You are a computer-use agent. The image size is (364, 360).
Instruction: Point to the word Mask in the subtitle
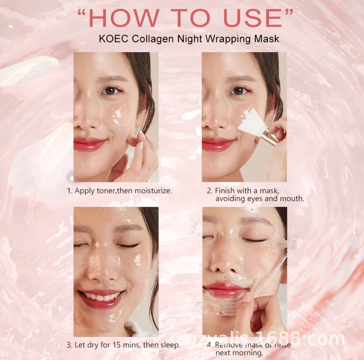267,39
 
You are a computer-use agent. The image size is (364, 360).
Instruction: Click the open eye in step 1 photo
109,91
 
